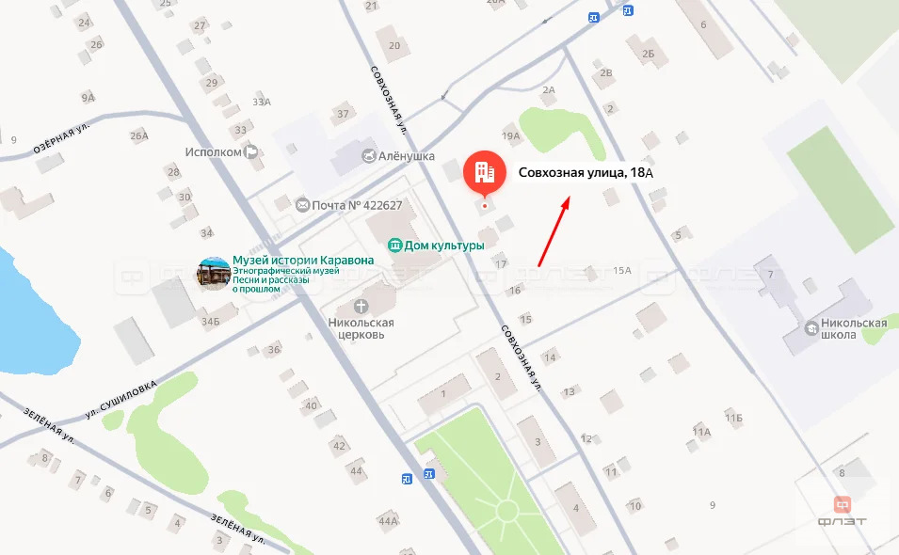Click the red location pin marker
coord(485,172)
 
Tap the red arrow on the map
coord(554,231)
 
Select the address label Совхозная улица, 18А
coord(586,172)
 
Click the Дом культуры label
coord(443,246)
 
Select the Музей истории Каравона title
coord(303,261)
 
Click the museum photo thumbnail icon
coord(213,274)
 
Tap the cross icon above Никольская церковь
coord(361,306)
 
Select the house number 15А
coord(621,271)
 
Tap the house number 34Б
coord(209,322)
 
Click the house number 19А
coord(511,136)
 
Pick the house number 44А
coord(389,520)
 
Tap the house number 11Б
coord(734,417)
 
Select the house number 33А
coord(262,102)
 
